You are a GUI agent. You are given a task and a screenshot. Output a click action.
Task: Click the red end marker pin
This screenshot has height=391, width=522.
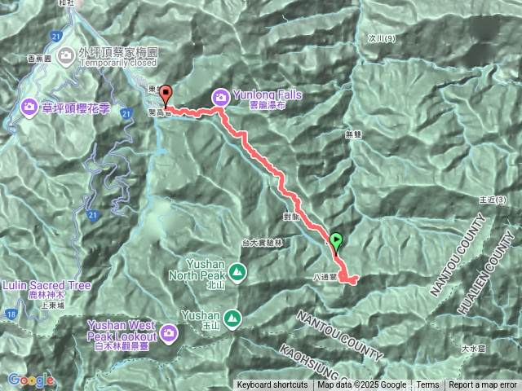coord(165,94)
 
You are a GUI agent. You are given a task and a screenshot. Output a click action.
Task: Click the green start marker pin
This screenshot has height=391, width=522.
coord(335,240)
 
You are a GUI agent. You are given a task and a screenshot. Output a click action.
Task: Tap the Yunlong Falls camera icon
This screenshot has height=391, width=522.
coord(220,98)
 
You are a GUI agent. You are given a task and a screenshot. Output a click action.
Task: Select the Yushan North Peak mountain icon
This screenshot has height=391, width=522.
coord(236,271)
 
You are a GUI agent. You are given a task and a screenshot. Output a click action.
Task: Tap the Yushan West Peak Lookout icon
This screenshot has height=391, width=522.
coord(169,332)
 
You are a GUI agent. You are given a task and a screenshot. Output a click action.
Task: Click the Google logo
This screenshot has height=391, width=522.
coord(32,380)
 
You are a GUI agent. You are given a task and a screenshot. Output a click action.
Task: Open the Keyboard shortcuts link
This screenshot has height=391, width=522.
coord(272,385)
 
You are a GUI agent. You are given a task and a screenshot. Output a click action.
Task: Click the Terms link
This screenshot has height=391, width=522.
coord(427,385)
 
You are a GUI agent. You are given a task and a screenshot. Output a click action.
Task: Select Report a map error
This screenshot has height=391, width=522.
coord(483,385)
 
